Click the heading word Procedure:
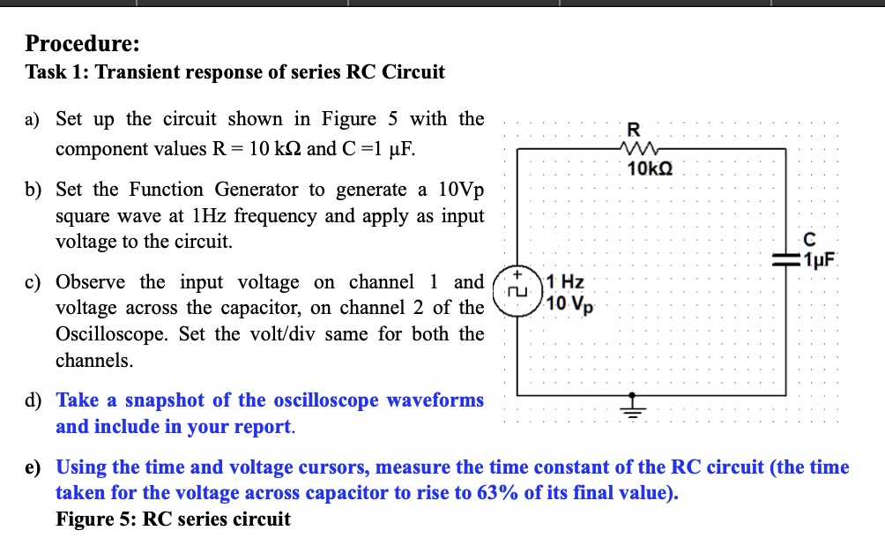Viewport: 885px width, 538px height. (x=82, y=43)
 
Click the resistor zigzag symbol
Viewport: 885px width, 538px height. (x=639, y=149)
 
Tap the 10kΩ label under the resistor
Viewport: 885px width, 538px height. (x=650, y=168)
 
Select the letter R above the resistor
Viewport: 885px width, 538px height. (x=634, y=130)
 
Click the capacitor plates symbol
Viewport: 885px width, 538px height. (x=785, y=260)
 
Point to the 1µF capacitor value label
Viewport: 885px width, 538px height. (x=820, y=259)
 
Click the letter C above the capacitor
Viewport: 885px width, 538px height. (x=809, y=239)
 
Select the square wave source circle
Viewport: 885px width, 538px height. (x=517, y=291)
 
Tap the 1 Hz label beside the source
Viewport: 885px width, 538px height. (x=565, y=281)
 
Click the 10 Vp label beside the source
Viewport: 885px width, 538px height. (x=570, y=304)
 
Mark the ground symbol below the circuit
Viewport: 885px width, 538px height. (x=632, y=406)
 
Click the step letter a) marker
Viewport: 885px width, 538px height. (x=32, y=120)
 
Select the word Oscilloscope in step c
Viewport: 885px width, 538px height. (x=112, y=334)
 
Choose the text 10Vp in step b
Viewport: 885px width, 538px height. (x=461, y=191)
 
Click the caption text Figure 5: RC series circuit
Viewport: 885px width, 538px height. (x=174, y=519)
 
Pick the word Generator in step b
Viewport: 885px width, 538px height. (x=257, y=189)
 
